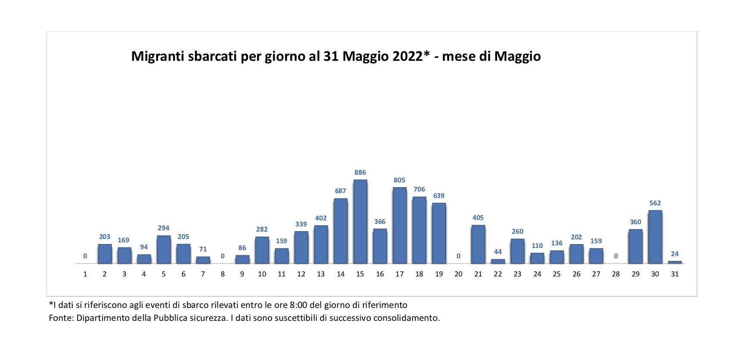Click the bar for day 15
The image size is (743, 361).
(360, 222)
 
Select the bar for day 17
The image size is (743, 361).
(399, 226)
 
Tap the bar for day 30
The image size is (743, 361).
(655, 237)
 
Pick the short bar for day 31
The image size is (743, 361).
(675, 262)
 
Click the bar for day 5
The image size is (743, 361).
(163, 249)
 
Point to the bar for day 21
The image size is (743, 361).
(478, 244)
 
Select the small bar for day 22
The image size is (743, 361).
(498, 261)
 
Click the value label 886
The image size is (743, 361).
(360, 173)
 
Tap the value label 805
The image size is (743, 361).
(399, 180)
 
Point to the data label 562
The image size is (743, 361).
(655, 203)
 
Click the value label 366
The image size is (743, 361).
(380, 222)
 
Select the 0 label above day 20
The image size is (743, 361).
(458, 256)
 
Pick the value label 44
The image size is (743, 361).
(498, 252)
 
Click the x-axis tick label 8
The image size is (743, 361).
(223, 274)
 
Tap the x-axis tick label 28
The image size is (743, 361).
(616, 274)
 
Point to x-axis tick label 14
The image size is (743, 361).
(341, 274)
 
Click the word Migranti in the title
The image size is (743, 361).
(157, 57)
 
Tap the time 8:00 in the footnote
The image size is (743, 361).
(298, 305)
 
